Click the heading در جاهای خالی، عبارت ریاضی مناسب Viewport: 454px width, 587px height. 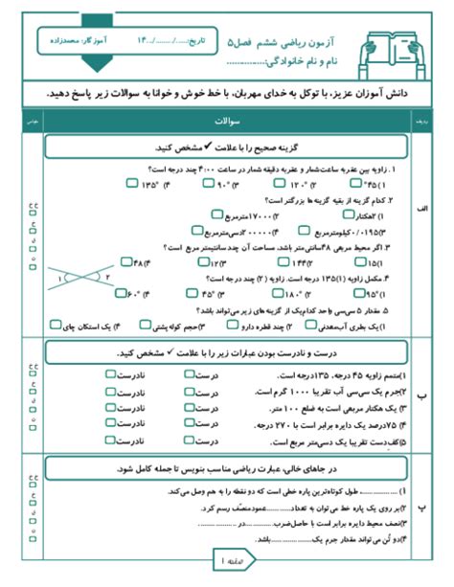click(226, 469)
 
